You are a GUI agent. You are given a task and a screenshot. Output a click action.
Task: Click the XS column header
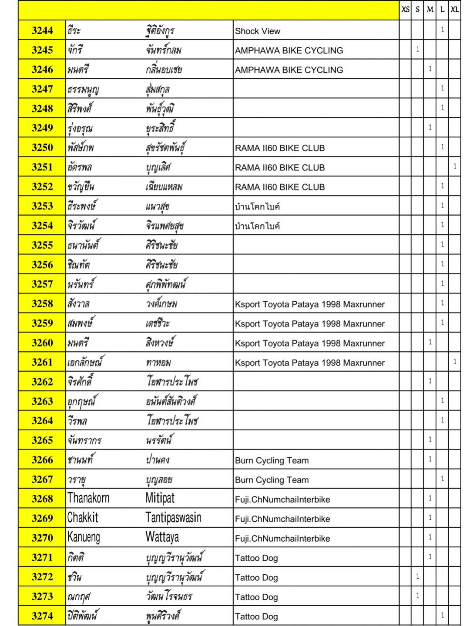click(405, 10)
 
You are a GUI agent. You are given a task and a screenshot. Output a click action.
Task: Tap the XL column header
click(455, 10)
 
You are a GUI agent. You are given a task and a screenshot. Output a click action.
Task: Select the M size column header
click(430, 10)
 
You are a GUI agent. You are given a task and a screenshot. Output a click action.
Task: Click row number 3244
click(42, 30)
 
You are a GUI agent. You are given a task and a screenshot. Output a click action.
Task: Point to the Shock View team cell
click(258, 31)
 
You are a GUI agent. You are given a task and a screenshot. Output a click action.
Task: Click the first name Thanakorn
click(88, 498)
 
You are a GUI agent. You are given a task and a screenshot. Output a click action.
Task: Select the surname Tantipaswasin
click(173, 518)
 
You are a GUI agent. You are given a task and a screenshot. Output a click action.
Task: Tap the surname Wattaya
click(162, 537)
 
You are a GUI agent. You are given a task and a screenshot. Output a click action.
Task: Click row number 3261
click(42, 362)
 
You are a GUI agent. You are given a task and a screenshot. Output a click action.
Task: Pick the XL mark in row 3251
click(455, 166)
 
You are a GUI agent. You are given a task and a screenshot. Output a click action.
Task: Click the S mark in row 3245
click(417, 50)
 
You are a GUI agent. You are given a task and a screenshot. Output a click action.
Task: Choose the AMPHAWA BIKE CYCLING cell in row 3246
click(289, 70)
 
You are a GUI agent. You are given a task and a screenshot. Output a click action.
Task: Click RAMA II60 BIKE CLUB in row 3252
click(280, 187)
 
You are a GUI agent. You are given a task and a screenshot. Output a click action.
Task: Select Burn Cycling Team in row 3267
click(272, 480)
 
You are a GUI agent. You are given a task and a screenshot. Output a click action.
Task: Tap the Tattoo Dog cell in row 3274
click(256, 616)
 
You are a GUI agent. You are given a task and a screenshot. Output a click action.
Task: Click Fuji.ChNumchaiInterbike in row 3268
click(282, 499)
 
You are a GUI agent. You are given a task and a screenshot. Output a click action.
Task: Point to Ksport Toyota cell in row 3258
click(310, 304)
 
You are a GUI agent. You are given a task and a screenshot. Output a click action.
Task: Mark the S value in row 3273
click(417, 596)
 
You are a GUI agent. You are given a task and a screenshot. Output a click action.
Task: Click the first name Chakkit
click(83, 518)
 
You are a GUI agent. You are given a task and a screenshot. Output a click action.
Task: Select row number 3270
click(42, 538)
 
